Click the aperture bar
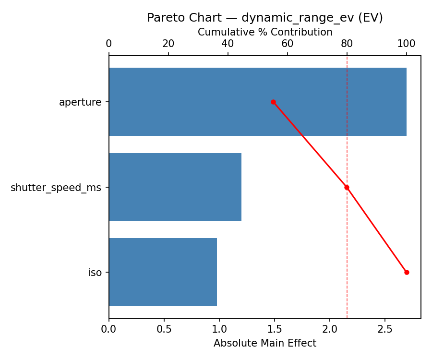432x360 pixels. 258,102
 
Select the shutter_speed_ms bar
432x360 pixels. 175,187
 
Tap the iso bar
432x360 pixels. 163,272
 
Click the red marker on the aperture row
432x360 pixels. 273,102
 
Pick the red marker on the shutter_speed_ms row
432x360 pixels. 347,187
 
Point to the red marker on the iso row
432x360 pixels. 407,272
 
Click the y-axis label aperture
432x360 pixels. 80,102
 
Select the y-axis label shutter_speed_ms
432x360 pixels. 56,187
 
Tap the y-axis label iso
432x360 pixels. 95,273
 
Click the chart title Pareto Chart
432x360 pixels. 265,18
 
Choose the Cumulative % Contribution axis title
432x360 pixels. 265,32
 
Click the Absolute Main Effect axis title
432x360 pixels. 265,343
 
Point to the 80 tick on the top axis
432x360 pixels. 347,44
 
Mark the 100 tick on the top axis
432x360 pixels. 407,44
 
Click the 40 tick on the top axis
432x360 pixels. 228,44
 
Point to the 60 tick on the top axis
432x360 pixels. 288,44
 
